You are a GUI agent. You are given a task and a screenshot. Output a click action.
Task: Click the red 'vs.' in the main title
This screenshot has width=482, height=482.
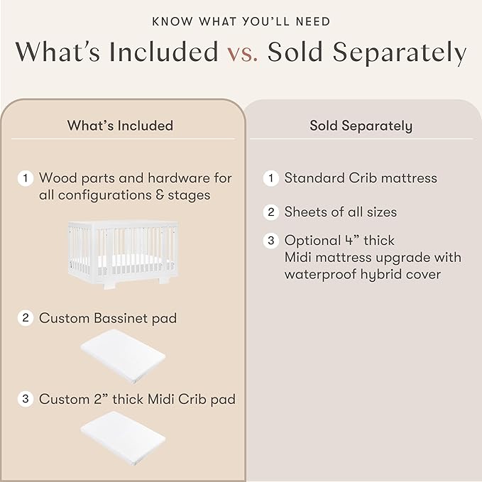click(243, 53)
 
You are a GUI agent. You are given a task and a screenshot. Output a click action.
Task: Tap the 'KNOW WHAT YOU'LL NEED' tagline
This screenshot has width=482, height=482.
click(241, 21)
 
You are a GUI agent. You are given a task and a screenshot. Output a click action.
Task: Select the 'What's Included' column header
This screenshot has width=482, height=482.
click(120, 126)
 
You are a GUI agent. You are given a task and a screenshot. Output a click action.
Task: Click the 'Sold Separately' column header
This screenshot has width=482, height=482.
click(361, 126)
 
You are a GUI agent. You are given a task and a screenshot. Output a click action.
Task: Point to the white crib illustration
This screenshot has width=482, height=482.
click(123, 255)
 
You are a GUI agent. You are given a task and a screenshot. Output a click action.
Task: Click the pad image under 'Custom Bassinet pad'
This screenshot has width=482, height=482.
click(123, 356)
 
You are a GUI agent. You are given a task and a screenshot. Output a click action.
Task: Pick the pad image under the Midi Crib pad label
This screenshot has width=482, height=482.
click(123, 438)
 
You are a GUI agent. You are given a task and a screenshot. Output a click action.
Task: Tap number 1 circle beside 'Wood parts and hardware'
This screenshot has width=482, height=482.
click(26, 178)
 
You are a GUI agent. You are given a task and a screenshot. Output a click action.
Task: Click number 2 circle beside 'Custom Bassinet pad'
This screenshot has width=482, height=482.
click(26, 317)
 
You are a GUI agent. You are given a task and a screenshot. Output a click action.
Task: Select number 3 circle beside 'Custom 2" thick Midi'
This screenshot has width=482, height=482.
click(26, 399)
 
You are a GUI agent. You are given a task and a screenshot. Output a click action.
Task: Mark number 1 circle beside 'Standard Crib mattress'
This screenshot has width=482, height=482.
click(271, 178)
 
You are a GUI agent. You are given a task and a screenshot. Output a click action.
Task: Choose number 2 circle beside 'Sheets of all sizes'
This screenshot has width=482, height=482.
click(271, 212)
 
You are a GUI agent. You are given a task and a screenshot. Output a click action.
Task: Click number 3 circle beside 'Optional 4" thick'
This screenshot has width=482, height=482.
click(271, 241)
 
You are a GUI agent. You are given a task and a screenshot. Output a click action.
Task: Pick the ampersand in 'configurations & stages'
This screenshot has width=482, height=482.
click(160, 195)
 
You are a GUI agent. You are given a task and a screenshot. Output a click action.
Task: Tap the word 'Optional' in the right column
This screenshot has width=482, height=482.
click(312, 241)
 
